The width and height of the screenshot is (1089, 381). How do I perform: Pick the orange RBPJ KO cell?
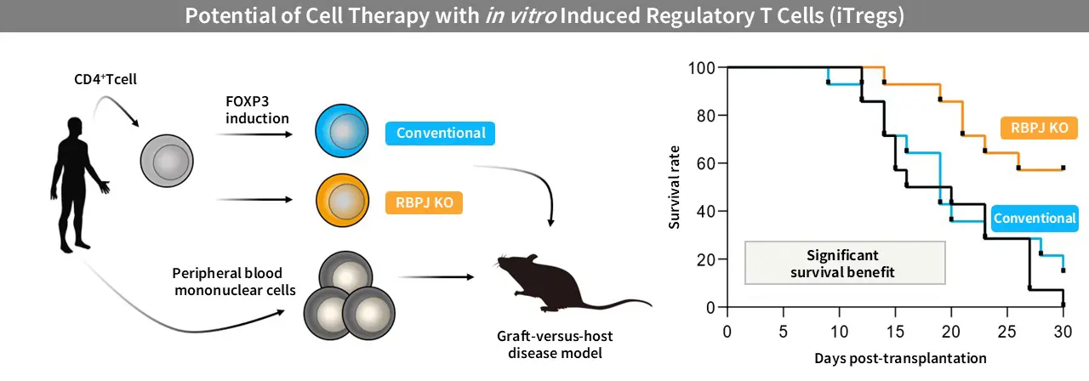[341, 203]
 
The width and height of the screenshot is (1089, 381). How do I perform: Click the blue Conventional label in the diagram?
[440, 134]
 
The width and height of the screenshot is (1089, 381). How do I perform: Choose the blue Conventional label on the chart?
[1035, 219]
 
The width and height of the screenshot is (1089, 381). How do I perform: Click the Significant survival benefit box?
[845, 263]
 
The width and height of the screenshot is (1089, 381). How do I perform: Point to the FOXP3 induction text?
[258, 109]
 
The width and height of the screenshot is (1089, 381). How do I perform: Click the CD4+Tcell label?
[105, 81]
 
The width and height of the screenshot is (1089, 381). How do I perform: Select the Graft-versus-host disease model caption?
[549, 344]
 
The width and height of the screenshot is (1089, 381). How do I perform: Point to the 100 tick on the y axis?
[703, 67]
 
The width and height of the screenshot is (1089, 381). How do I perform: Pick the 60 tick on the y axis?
[706, 162]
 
